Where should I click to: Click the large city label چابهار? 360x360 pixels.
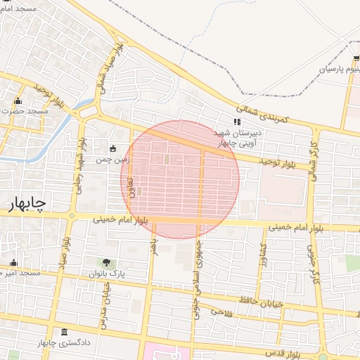click(x=27, y=203)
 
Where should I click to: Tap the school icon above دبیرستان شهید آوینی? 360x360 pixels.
click(x=237, y=122)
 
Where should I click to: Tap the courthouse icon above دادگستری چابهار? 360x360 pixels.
click(x=65, y=333)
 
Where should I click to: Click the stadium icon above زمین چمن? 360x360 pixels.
click(x=113, y=148)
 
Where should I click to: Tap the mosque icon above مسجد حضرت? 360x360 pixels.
click(x=18, y=101)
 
